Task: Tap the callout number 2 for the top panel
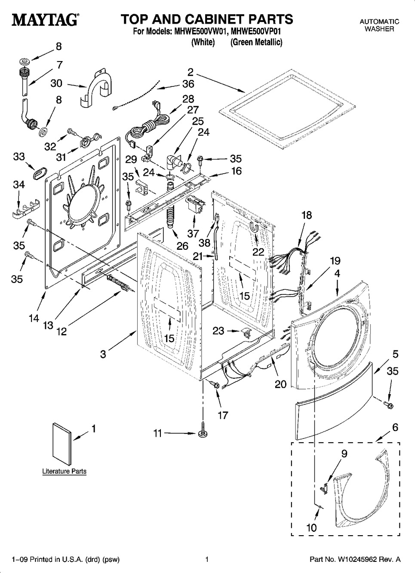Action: tap(190, 72)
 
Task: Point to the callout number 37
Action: tap(193, 233)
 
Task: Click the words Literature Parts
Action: tap(64, 471)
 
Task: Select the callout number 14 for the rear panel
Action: tap(34, 318)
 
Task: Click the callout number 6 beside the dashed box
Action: tap(395, 427)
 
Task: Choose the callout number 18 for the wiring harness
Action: tap(306, 215)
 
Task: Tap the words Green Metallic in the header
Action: tap(256, 42)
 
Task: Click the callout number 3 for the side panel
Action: tap(103, 354)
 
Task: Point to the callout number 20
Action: tap(280, 384)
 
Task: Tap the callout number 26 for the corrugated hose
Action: tap(182, 246)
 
